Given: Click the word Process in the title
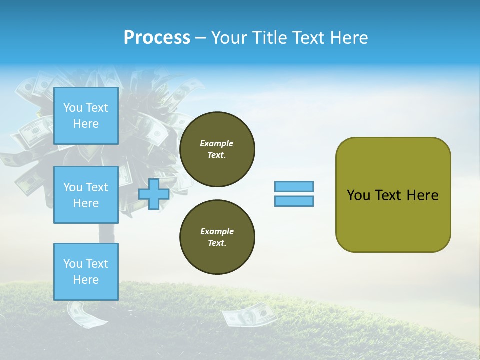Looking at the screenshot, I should click(x=157, y=38).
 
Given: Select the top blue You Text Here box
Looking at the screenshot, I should click(x=86, y=116).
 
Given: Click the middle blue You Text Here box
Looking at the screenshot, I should click(x=86, y=195).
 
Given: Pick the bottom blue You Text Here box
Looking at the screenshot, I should click(x=86, y=271).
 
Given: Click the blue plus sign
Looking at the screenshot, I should click(x=153, y=194).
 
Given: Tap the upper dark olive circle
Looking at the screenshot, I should click(x=217, y=149).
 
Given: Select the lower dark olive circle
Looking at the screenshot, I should click(x=217, y=237).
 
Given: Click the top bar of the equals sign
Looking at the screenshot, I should click(x=294, y=186).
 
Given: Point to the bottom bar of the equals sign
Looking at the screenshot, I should click(x=294, y=201).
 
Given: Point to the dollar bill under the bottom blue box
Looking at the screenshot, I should click(x=83, y=314).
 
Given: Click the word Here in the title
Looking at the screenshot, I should click(x=350, y=38).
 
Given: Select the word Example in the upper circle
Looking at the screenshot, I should click(x=216, y=143).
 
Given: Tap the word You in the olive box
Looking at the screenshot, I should click(x=358, y=195).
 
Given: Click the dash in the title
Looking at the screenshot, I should click(x=201, y=38).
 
